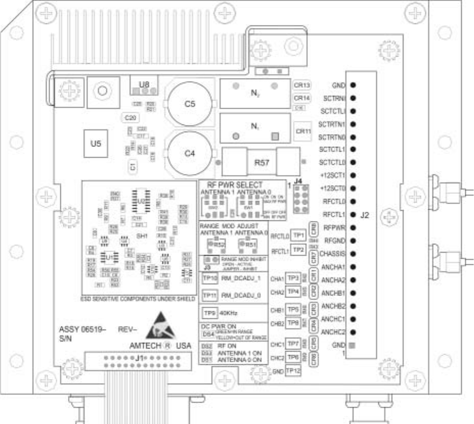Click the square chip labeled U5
[x=96, y=143]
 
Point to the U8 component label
[x=144, y=84]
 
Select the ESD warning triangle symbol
[x=159, y=329]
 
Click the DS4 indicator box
[x=207, y=334]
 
